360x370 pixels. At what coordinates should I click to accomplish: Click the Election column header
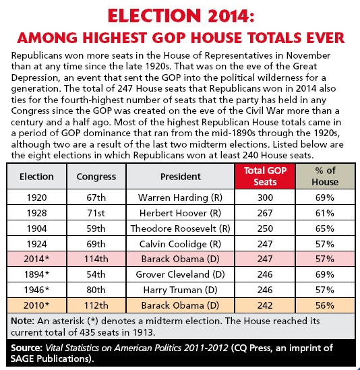coord(36,177)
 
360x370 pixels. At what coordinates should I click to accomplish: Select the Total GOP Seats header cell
coord(265,177)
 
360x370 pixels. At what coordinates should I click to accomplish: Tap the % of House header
coord(325,177)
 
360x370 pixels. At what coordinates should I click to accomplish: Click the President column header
coord(181,177)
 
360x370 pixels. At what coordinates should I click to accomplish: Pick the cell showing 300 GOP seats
coord(265,197)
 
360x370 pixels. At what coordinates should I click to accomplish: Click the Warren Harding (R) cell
coord(181,197)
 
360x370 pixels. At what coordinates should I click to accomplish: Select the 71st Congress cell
coord(96,213)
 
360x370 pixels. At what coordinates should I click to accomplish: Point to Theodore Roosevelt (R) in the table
coord(181,228)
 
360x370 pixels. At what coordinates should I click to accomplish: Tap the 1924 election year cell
coord(36,244)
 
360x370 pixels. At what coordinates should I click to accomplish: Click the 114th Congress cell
coord(96,259)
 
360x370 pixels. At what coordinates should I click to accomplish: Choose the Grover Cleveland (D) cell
coord(181,274)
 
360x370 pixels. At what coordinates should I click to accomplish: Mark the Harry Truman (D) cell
coord(181,290)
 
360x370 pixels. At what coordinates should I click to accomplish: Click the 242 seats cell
coord(265,305)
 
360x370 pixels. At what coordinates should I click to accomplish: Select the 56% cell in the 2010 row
coord(325,305)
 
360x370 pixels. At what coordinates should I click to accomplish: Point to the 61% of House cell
coord(325,213)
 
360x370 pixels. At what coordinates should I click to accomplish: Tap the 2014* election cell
coord(36,259)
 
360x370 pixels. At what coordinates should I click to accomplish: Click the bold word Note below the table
coord(23,321)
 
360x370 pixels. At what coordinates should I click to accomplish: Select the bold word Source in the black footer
coord(27,348)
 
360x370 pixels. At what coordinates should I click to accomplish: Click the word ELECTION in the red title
coord(154,16)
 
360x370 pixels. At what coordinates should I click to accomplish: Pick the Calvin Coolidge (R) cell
coord(181,244)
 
